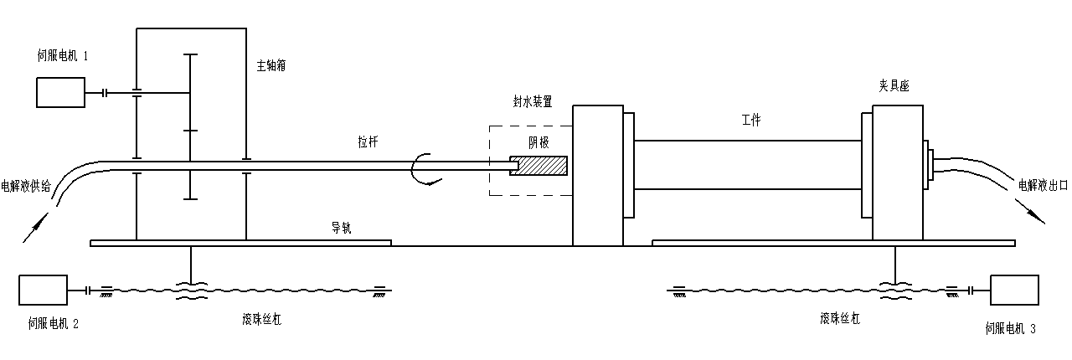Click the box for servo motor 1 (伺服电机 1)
(x=60, y=92)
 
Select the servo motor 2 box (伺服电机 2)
(x=42, y=290)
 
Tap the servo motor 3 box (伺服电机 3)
(x=1013, y=290)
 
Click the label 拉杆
(x=368, y=142)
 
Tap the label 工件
(x=750, y=121)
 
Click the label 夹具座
(x=894, y=85)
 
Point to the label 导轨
(x=340, y=227)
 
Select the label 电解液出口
(x=1042, y=185)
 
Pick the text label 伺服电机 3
(x=1011, y=329)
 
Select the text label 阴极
(x=538, y=142)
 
